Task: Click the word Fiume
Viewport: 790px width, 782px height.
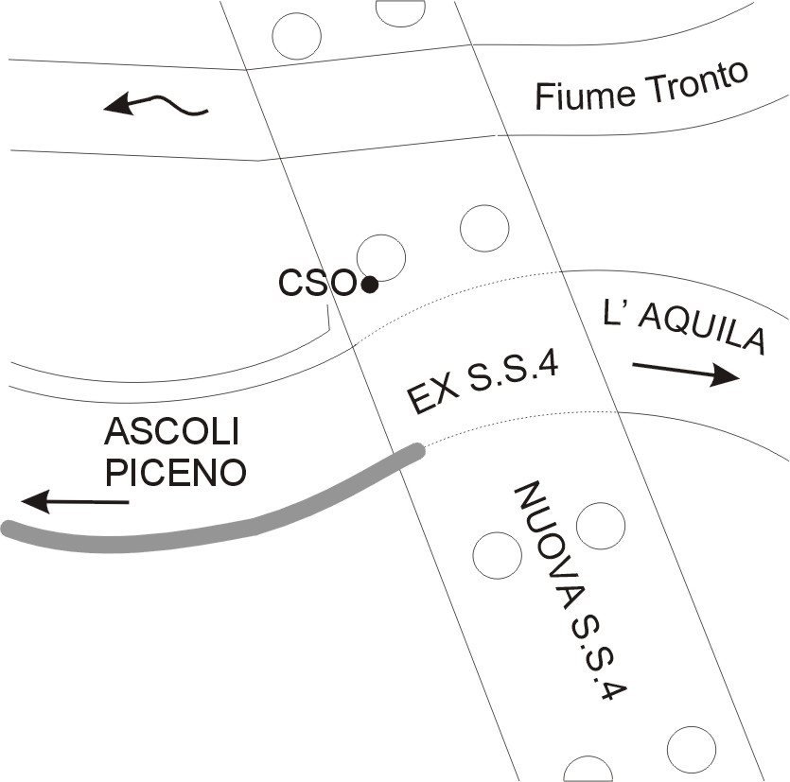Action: (x=574, y=94)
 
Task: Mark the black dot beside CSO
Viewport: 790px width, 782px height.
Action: (x=370, y=283)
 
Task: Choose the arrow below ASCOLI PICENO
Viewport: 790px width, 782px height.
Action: (x=76, y=500)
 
